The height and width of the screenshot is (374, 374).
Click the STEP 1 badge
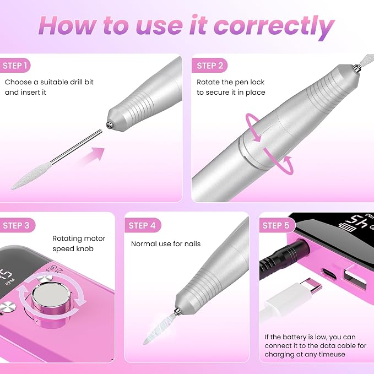(x=15, y=66)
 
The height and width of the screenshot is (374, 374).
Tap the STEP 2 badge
(x=209, y=66)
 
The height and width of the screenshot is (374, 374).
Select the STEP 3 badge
(x=17, y=225)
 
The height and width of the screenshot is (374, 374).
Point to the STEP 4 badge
(x=143, y=225)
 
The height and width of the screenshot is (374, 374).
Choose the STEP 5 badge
(x=277, y=225)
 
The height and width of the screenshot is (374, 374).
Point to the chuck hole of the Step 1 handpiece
(x=109, y=124)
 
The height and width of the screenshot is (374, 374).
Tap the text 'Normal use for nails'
(x=166, y=244)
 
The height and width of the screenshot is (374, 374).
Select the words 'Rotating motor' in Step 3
(x=79, y=239)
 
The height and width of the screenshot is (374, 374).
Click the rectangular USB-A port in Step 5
(x=354, y=277)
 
